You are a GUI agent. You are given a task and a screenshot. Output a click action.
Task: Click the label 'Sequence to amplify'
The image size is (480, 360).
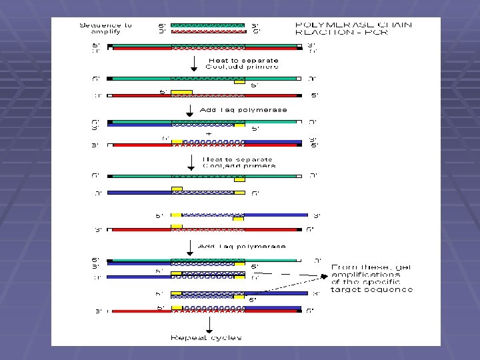point(106,29)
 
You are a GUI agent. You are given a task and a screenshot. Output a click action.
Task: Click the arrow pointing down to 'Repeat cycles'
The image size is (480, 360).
point(209,325)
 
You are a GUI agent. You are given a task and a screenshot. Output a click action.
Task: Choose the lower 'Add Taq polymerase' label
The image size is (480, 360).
point(243,246)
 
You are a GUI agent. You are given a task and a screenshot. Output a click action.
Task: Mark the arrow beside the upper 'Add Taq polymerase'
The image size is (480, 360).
point(189,110)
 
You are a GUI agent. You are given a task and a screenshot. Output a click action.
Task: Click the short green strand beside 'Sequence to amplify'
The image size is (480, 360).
point(208,25)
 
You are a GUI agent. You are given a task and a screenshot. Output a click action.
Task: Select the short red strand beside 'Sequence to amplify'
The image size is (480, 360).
point(208,31)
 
